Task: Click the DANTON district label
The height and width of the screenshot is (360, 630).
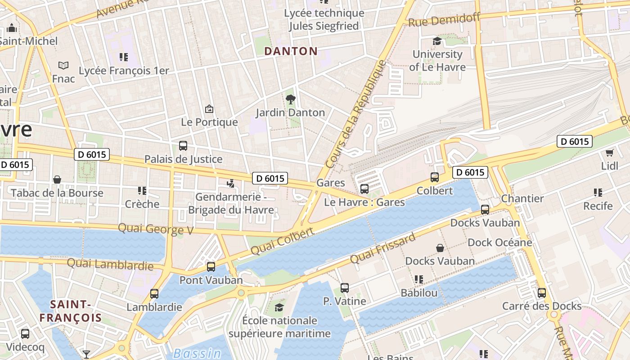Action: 291,51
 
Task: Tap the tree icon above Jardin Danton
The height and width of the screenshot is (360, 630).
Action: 290,99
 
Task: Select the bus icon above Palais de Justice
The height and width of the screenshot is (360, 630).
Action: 183,146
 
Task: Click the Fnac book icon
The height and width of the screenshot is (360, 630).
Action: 63,66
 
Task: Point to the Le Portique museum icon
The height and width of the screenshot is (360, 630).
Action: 209,109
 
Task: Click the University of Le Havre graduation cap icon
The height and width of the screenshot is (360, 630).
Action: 437,41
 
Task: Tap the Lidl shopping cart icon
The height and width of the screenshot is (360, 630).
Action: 610,153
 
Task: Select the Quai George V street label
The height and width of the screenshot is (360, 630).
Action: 156,229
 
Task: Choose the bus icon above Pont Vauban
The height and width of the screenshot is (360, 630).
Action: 211,267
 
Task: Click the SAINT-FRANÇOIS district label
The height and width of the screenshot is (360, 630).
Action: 71,311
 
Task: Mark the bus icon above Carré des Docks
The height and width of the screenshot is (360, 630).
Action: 542,293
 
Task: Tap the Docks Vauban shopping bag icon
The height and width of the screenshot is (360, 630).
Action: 440,248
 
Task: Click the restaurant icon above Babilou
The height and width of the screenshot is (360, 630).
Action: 419,279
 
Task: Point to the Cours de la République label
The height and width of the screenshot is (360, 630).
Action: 355,115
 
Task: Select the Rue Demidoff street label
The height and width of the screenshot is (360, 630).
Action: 444,20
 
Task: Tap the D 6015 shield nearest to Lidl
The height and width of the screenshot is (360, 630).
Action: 575,141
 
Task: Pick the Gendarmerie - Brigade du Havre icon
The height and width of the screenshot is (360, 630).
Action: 231,184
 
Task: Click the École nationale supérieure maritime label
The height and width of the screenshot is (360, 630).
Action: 279,327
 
